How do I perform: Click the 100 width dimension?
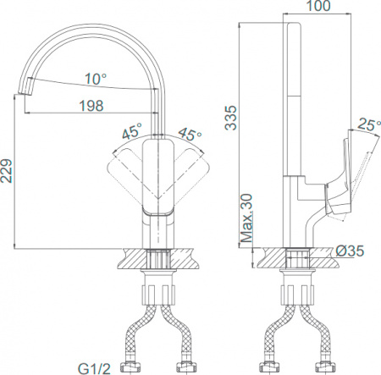317,7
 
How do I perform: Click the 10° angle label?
94,79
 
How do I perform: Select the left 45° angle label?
131,132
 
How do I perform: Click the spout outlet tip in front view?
25,88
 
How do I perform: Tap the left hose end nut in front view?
132,366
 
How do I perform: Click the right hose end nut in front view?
185,366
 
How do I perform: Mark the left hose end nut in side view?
272,366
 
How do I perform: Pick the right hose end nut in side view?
324,366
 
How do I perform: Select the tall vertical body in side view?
295,102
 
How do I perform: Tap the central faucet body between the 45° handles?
158,178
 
